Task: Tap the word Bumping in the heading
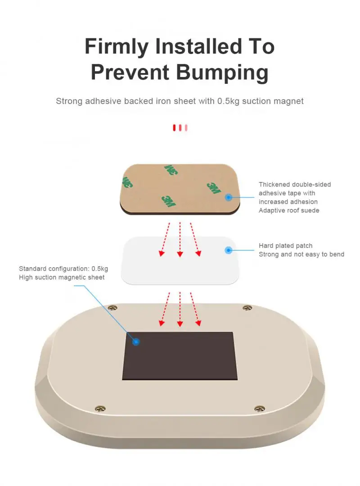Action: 222,73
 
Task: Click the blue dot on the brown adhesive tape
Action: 228,197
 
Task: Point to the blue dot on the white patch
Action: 228,250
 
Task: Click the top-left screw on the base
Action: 112,308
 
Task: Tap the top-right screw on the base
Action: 247,308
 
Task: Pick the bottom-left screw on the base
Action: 100,409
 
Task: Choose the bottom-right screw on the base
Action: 259,409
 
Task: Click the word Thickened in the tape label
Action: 274,185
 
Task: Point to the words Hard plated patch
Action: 285,246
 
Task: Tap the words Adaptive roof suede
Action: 289,210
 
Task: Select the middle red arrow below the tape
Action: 180,239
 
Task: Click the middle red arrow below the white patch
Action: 180,309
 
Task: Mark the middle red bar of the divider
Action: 180,128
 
